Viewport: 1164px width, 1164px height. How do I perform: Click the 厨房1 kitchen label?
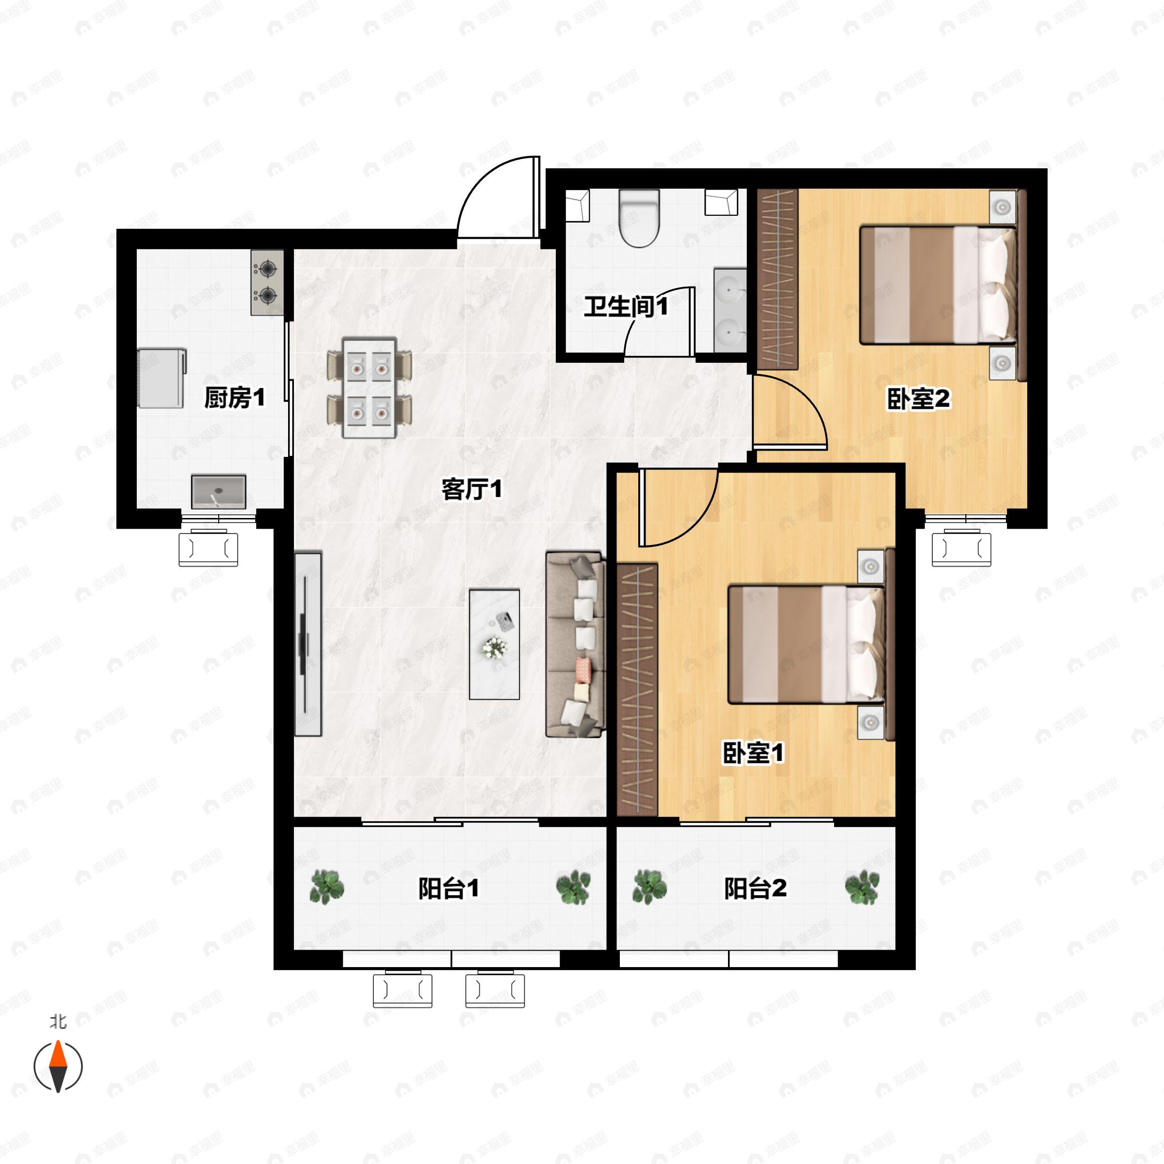point(234,398)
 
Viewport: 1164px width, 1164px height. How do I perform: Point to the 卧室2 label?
point(918,398)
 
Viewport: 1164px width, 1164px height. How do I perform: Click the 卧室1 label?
point(753,753)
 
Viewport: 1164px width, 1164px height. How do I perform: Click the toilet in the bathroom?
point(640,218)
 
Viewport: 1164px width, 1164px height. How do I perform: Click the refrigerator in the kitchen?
point(161,378)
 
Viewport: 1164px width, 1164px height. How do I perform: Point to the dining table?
point(369,388)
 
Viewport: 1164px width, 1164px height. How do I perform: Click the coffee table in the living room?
point(494,644)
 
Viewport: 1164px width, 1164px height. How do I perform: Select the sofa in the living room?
point(574,644)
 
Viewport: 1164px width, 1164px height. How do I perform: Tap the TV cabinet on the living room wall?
point(307,644)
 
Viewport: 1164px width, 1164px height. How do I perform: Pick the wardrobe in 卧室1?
point(637,690)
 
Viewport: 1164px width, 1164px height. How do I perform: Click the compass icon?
point(58,1066)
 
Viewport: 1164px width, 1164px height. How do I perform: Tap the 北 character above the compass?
point(58,1021)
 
